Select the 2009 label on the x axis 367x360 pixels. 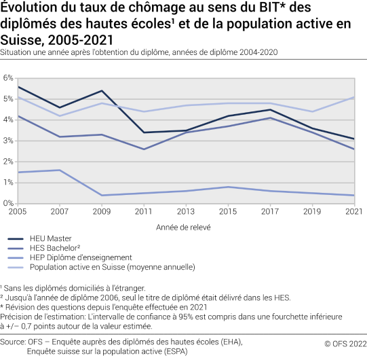(102, 211)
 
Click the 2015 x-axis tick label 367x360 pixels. (227, 211)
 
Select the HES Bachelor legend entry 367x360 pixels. (56, 248)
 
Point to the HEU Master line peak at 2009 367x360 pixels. (102, 90)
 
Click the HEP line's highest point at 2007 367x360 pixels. (60, 170)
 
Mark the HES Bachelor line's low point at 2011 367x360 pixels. (144, 149)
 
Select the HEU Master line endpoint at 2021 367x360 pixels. (353, 139)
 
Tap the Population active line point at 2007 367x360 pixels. (60, 115)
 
